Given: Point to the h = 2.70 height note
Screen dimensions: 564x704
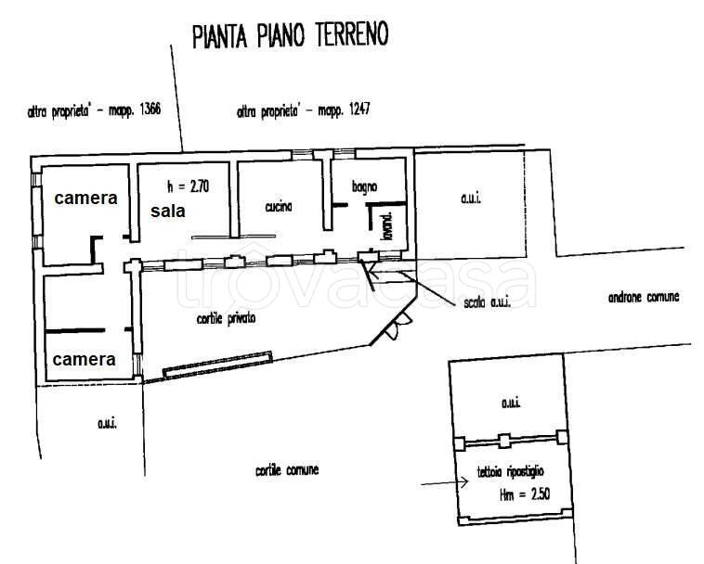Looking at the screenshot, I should [188, 185].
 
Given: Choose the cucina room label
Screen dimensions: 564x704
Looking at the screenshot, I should [278, 207].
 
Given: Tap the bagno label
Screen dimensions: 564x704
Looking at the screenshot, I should [364, 186].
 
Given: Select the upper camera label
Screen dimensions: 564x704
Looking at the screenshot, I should [85, 198].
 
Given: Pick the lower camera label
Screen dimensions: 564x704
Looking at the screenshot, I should [85, 359].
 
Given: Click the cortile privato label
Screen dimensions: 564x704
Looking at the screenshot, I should [226, 318].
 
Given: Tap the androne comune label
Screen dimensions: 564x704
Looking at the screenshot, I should [644, 297].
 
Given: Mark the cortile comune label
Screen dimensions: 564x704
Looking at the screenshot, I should [287, 470].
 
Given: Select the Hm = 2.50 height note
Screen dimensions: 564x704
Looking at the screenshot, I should [525, 495].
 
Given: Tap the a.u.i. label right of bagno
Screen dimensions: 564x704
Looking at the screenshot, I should [473, 199].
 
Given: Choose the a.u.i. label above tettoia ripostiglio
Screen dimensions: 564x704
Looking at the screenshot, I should [510, 403].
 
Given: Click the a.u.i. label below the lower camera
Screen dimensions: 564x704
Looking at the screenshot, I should [105, 423].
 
